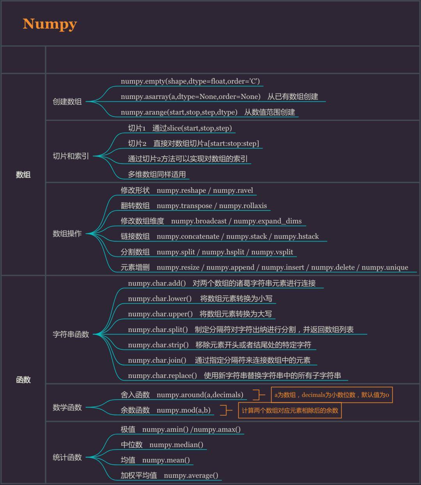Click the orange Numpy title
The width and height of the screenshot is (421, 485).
[50, 24]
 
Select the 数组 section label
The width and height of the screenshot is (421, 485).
[23, 175]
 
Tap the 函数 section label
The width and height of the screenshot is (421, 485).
[23, 380]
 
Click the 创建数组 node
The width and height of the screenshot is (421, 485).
[67, 102]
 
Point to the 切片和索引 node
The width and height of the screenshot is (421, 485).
[71, 156]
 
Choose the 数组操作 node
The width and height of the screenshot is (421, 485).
[67, 234]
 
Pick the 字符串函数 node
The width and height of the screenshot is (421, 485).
[71, 334]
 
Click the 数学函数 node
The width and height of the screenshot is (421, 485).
[67, 407]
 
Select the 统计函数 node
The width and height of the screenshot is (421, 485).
[67, 457]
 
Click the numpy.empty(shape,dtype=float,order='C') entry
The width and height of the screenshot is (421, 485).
[190, 81]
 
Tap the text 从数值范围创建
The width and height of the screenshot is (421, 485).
[269, 112]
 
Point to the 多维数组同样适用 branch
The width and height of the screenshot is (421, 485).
[157, 175]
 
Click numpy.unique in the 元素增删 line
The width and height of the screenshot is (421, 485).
[385, 268]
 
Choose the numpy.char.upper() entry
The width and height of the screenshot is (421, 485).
[160, 314]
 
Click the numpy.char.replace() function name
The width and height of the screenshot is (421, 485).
[163, 376]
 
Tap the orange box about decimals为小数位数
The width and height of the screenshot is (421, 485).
[331, 395]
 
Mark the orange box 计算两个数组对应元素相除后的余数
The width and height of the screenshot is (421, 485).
[290, 411]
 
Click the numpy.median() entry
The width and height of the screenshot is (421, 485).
[176, 445]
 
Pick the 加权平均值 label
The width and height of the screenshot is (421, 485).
[139, 476]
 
